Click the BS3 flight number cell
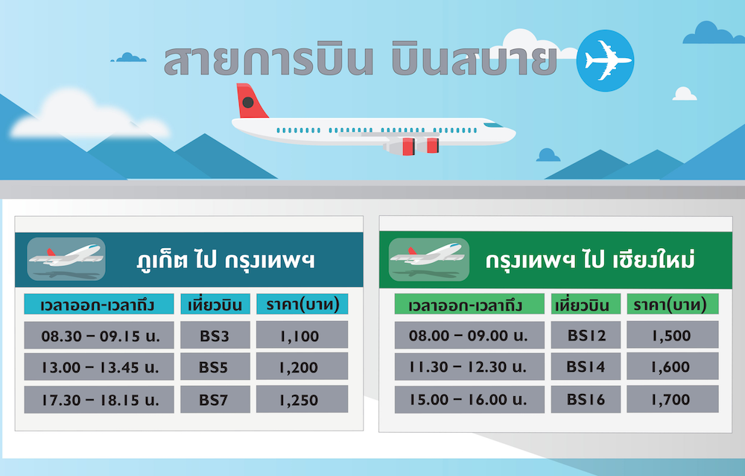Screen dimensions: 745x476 215,335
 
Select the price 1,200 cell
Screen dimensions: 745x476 302,366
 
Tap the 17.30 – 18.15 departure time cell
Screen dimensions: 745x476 99,399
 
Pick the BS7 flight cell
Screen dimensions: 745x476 215,399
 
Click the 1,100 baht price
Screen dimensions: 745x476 302,335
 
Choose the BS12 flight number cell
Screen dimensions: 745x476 586,335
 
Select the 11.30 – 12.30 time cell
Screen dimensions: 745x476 469,366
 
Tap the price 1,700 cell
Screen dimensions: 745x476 672,399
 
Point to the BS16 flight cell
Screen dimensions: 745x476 586,399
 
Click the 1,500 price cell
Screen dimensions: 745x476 672,335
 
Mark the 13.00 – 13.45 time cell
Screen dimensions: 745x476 99,366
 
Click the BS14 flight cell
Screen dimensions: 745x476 586,366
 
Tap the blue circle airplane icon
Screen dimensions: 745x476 605,60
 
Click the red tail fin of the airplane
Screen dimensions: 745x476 250,101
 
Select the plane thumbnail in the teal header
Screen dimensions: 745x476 66,259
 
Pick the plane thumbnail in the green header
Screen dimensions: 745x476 429,259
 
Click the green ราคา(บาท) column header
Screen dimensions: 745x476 672,304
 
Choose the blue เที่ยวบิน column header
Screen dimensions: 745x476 215,304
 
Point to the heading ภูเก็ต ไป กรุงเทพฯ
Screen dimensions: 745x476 226,260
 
